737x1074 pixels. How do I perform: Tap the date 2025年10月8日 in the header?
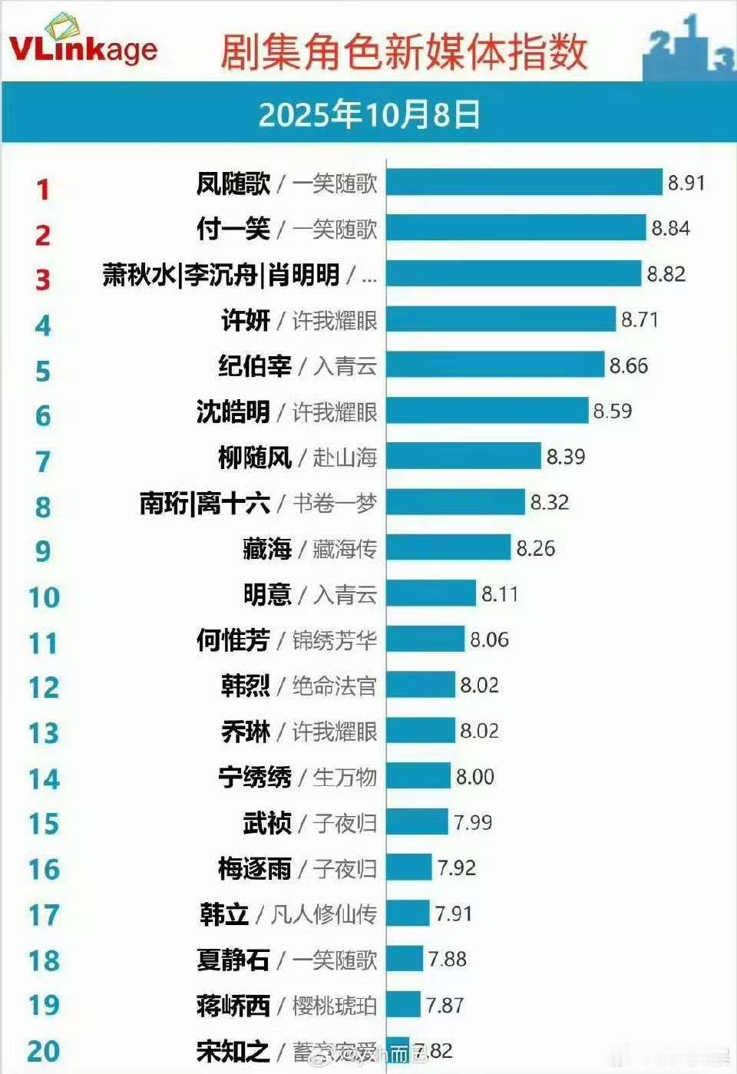[x=368, y=115]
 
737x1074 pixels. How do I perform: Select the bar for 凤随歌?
[x=524, y=183]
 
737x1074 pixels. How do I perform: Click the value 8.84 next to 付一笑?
[x=670, y=229]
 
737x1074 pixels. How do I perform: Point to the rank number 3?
[x=43, y=279]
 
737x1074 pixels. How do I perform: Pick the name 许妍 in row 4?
[x=246, y=320]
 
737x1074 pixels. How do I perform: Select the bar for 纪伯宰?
[x=495, y=365]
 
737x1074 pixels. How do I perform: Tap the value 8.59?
[x=612, y=411]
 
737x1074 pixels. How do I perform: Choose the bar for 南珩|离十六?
[x=455, y=503]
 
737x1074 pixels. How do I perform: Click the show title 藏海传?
[x=345, y=549]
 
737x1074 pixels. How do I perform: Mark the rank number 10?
[x=44, y=597]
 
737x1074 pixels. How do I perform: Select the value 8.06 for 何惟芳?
[x=489, y=639]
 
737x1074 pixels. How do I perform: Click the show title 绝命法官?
[x=335, y=686]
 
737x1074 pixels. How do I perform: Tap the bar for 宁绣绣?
[x=418, y=776]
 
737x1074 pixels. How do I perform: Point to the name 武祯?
[x=267, y=823]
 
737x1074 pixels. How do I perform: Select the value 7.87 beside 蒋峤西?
[x=445, y=1005]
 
